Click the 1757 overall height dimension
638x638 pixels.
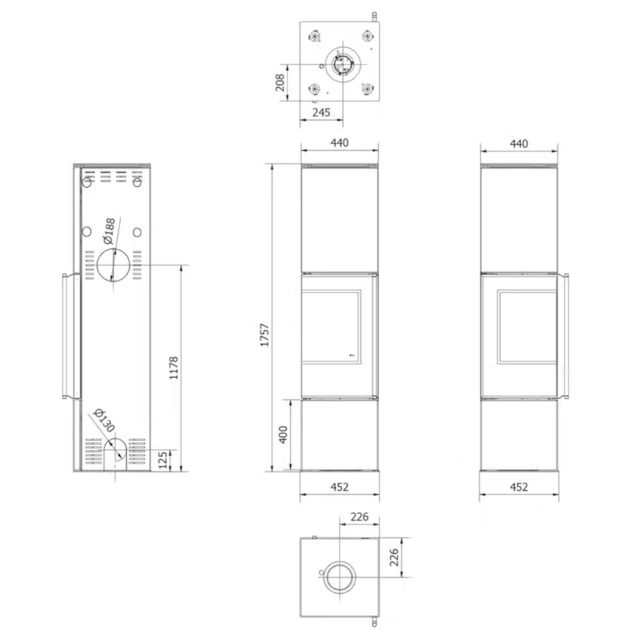(x=265, y=335)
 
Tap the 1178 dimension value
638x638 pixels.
(x=174, y=368)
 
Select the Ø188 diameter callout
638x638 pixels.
(x=109, y=231)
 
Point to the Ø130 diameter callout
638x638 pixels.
(x=104, y=421)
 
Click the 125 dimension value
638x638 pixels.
(x=163, y=460)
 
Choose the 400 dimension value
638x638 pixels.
(x=283, y=435)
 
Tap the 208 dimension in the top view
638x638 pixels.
(x=280, y=82)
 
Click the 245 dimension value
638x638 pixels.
(x=321, y=112)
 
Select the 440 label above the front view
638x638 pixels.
(x=340, y=143)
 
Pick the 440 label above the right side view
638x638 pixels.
(x=519, y=144)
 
